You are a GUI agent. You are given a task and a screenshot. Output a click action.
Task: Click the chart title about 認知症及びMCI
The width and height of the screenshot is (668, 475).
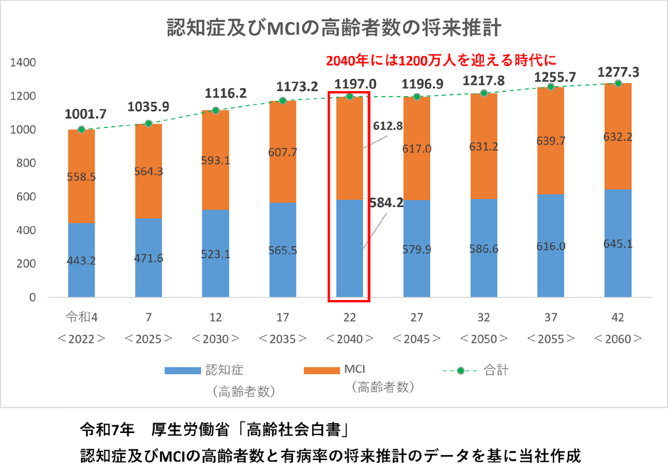(334, 28)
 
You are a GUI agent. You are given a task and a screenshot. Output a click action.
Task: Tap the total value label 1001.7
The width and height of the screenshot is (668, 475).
(85, 114)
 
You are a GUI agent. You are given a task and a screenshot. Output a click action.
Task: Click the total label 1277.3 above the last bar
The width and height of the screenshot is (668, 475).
(618, 73)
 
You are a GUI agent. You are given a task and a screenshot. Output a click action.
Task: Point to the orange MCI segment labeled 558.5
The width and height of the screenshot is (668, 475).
(82, 176)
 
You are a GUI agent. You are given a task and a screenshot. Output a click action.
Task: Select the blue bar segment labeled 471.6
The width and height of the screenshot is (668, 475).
(149, 257)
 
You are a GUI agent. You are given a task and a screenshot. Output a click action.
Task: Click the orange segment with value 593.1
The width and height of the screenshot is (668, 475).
(215, 160)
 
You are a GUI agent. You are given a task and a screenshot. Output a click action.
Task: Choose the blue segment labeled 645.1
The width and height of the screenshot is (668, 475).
(618, 242)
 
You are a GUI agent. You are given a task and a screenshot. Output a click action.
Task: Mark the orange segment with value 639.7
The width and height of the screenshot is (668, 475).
(551, 141)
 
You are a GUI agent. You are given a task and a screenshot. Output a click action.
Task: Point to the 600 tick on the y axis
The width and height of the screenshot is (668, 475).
(27, 197)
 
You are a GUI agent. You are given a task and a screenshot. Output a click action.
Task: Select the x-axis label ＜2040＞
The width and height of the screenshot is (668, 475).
(349, 338)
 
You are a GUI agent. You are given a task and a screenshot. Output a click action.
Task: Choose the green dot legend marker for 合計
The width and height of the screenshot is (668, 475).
(460, 370)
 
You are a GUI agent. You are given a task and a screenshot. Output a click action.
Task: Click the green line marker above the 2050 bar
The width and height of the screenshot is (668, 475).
(484, 93)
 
